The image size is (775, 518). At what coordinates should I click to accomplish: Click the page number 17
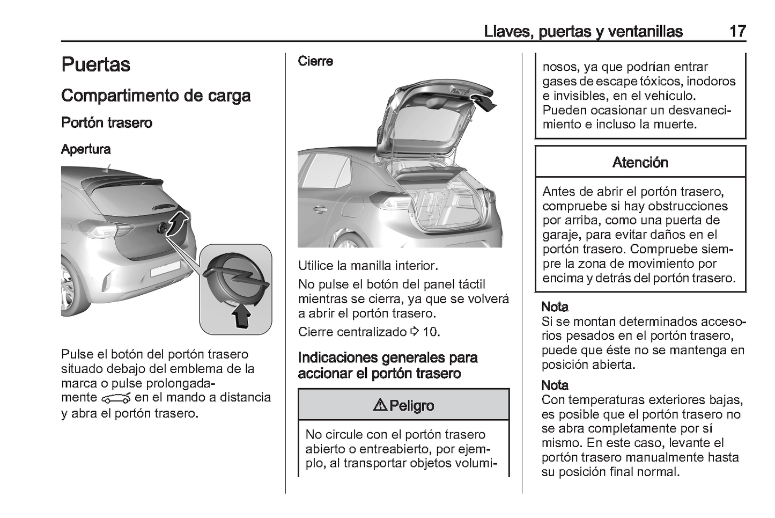tap(737, 31)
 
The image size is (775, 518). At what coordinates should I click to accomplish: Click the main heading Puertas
tap(95, 64)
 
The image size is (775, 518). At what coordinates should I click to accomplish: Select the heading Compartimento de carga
tap(156, 96)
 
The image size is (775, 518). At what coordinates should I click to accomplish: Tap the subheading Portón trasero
tap(107, 123)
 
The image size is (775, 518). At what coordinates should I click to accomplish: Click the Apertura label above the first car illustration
tap(86, 149)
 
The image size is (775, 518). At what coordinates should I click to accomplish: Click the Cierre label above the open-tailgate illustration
tap(315, 61)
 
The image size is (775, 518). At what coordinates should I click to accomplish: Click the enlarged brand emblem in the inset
tap(237, 274)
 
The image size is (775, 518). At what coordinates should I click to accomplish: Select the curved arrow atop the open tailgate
tap(485, 101)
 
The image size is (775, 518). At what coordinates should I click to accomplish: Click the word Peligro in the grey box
tap(411, 405)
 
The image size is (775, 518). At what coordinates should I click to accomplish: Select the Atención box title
tap(640, 162)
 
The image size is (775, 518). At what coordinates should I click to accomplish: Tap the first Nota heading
tap(555, 307)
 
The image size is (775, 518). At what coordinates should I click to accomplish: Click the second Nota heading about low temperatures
tap(555, 385)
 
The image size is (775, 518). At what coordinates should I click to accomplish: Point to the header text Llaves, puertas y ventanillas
tap(583, 31)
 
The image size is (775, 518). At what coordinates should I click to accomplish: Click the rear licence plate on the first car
tap(165, 269)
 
